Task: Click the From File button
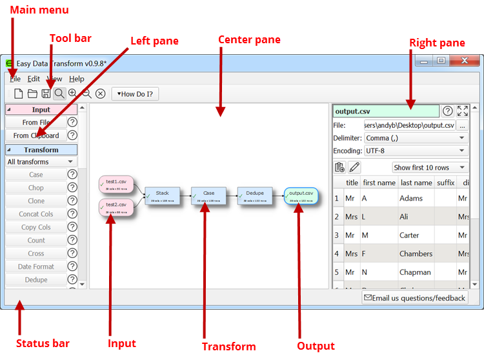[36, 122]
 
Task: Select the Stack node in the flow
[162, 195]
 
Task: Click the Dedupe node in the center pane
[254, 195]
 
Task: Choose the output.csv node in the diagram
[301, 195]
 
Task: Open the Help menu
[77, 79]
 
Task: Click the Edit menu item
[34, 79]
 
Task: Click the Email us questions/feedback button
[414, 297]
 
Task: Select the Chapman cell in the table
[416, 272]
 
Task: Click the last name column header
[416, 183]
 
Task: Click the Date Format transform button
[36, 266]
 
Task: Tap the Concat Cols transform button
[36, 214]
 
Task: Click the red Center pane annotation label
[249, 40]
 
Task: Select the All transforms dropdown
[41, 162]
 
